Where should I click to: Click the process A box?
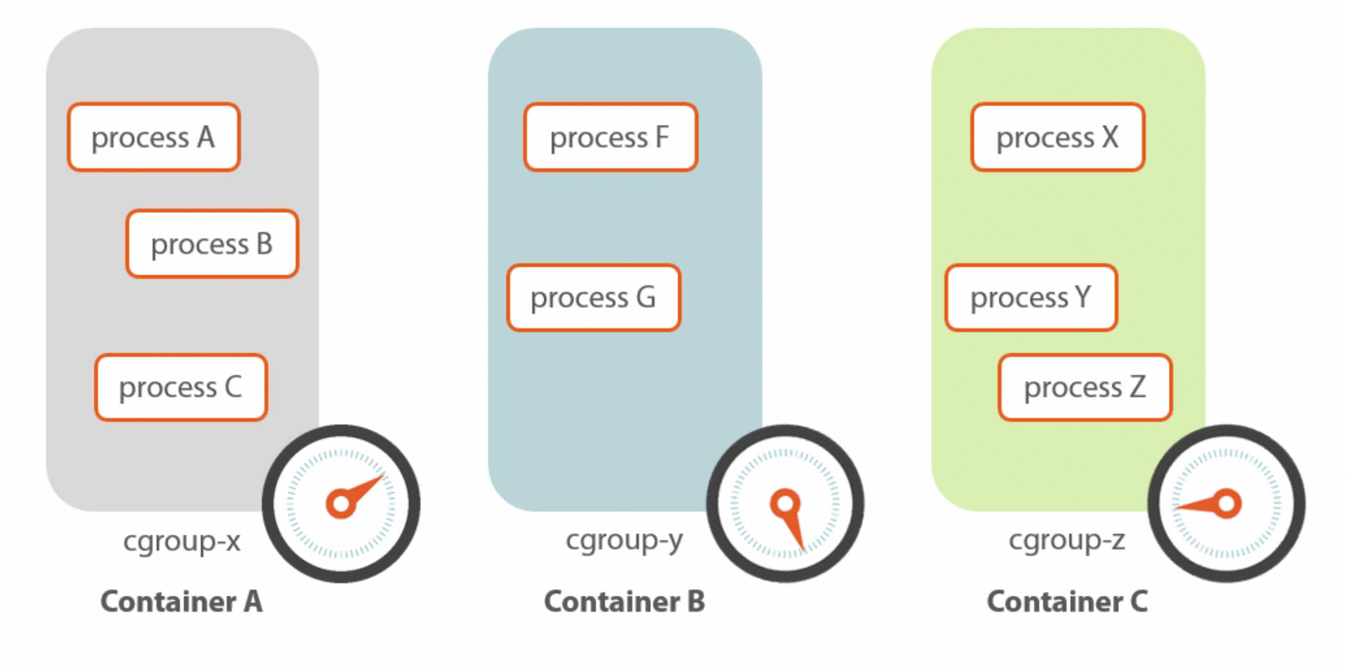click(x=154, y=137)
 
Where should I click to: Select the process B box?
click(x=212, y=244)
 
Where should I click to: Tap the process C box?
click(x=181, y=387)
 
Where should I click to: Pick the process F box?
click(x=610, y=137)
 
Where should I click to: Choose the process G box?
click(x=593, y=298)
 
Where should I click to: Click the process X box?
click(x=1058, y=137)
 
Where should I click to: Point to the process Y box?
click(x=1031, y=298)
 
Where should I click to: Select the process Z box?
click(x=1084, y=387)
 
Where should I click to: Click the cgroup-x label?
click(x=182, y=541)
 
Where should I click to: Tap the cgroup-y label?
click(x=624, y=541)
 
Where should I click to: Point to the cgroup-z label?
click(x=1067, y=541)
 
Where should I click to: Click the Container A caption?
click(x=182, y=601)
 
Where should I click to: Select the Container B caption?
click(x=625, y=601)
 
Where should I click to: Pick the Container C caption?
click(x=1067, y=601)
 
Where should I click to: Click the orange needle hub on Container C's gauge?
click(x=1226, y=504)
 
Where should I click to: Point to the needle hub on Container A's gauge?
click(x=340, y=504)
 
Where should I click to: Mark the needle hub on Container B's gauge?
click(x=784, y=504)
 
